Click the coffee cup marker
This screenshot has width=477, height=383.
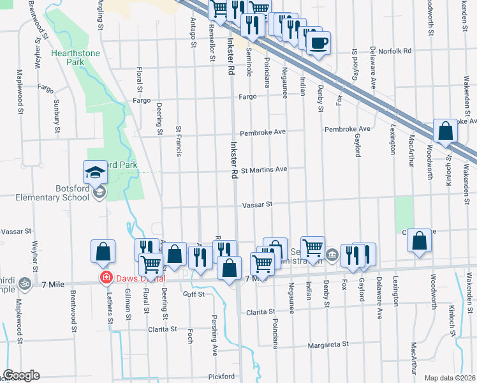pyautogui.click(x=318, y=43)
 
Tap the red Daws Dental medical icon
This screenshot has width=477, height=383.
pyautogui.click(x=105, y=278)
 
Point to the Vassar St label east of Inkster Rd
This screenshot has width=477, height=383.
pyautogui.click(x=257, y=205)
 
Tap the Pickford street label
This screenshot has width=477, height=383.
pyautogui.click(x=220, y=377)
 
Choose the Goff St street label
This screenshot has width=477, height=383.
pyautogui.click(x=193, y=294)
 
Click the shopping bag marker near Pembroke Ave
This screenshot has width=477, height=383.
pyautogui.click(x=445, y=131)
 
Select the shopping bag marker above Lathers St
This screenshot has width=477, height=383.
pyautogui.click(x=103, y=252)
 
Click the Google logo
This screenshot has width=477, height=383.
pyautogui.click(x=21, y=375)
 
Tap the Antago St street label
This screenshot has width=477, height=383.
pyautogui.click(x=193, y=32)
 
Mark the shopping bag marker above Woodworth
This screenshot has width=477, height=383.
pyautogui.click(x=419, y=241)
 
